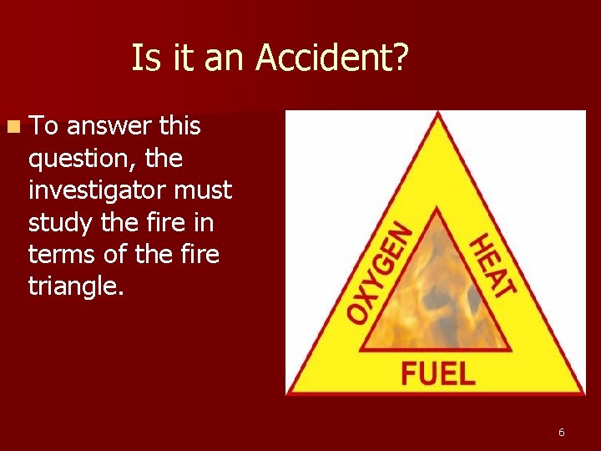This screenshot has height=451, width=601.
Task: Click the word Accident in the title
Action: tap(332, 58)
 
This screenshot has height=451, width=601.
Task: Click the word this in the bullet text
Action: tap(179, 126)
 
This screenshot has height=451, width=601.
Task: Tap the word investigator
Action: tap(97, 190)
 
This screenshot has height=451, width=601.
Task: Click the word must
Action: tap(203, 190)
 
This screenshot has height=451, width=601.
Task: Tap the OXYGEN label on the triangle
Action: tap(379, 273)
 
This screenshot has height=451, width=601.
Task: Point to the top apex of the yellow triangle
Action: tap(436, 117)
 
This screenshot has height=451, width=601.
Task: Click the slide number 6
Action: tap(561, 432)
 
